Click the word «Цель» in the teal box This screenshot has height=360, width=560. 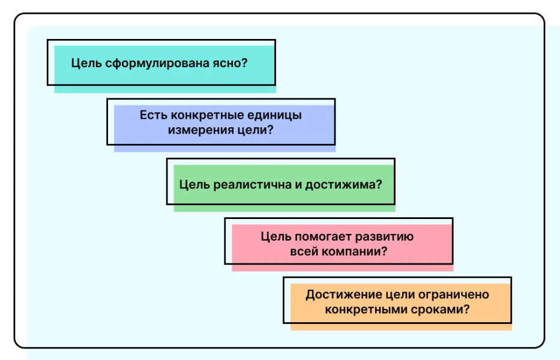[86, 63]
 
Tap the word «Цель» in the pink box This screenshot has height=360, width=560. [275, 236]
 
